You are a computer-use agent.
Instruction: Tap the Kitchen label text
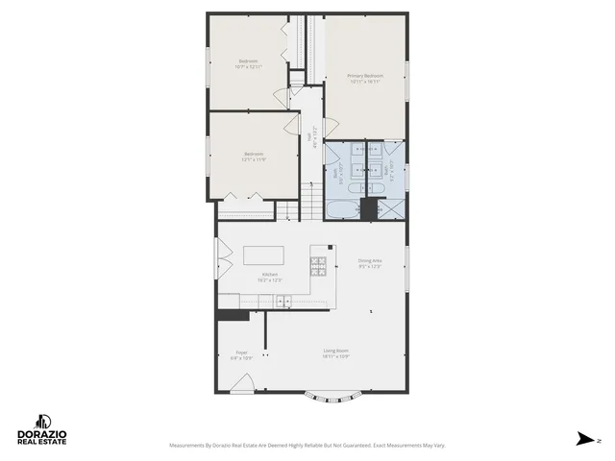click(x=269, y=276)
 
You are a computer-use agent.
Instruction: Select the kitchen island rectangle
click(x=263, y=255)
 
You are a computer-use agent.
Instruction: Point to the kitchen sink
click(x=283, y=302)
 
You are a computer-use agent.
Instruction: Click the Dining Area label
click(x=370, y=260)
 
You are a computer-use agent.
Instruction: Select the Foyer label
click(x=241, y=352)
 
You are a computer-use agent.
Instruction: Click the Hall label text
click(x=309, y=140)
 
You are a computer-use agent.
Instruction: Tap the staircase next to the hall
click(x=311, y=202)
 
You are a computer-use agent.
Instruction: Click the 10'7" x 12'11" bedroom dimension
click(x=248, y=66)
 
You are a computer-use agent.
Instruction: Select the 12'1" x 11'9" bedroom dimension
click(x=254, y=159)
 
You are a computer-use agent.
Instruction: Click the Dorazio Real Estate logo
click(x=40, y=429)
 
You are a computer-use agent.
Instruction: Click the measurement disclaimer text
click(x=307, y=446)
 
